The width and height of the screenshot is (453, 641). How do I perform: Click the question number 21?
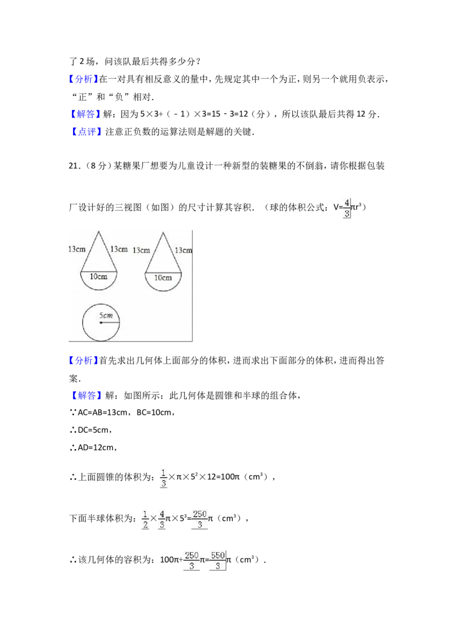(73, 166)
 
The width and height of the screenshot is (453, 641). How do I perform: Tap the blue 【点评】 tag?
(86, 131)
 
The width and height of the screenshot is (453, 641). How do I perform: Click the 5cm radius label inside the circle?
(105, 315)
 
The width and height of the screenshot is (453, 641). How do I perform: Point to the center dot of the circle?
(101, 323)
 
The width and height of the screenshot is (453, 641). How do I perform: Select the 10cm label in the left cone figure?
(99, 277)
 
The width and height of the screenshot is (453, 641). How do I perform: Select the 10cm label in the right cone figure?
(163, 278)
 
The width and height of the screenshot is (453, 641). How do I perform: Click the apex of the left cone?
(99, 232)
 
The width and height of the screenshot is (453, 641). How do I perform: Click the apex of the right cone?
(163, 233)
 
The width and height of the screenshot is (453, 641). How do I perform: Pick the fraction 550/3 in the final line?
(217, 561)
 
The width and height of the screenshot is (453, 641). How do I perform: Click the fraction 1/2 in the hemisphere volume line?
(145, 519)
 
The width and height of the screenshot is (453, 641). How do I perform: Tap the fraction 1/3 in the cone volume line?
(163, 478)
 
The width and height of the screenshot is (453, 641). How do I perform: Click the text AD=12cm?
(95, 448)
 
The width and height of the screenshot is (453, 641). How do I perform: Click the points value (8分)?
(96, 166)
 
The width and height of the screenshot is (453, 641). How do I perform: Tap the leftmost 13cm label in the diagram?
(77, 249)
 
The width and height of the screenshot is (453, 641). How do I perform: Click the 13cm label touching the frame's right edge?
(183, 250)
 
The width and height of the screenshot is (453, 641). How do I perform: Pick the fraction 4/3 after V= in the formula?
(347, 208)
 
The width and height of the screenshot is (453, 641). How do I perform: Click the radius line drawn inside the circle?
(110, 323)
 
